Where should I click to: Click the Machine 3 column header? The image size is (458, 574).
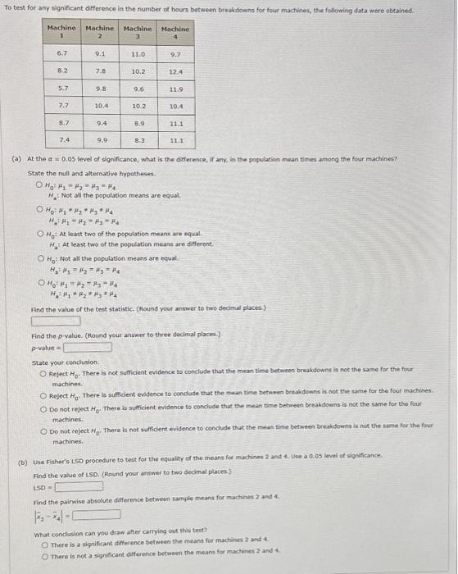pyautogui.click(x=138, y=34)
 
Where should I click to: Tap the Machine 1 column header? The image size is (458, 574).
pyautogui.click(x=61, y=34)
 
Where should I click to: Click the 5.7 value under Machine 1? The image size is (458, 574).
pyautogui.click(x=62, y=89)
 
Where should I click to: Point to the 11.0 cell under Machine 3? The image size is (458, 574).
pyautogui.click(x=138, y=53)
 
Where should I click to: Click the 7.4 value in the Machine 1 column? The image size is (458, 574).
pyautogui.click(x=62, y=141)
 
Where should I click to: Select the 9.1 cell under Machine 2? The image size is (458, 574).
pyautogui.click(x=100, y=53)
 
